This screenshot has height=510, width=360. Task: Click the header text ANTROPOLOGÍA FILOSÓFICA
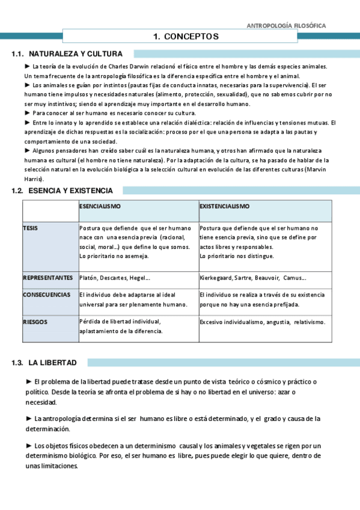(287, 26)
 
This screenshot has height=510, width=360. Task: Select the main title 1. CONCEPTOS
(186, 37)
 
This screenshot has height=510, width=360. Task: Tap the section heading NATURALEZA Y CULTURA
(76, 54)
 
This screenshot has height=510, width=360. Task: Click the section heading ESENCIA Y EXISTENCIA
(70, 191)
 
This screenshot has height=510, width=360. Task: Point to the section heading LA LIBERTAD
(52, 363)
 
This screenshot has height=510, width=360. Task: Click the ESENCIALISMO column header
(100, 206)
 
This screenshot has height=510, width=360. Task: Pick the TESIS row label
(30, 228)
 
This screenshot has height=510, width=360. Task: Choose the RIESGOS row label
(35, 322)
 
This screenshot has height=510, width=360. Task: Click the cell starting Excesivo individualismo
(262, 322)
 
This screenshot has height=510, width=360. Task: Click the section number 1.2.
(17, 191)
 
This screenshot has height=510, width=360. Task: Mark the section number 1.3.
(17, 363)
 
